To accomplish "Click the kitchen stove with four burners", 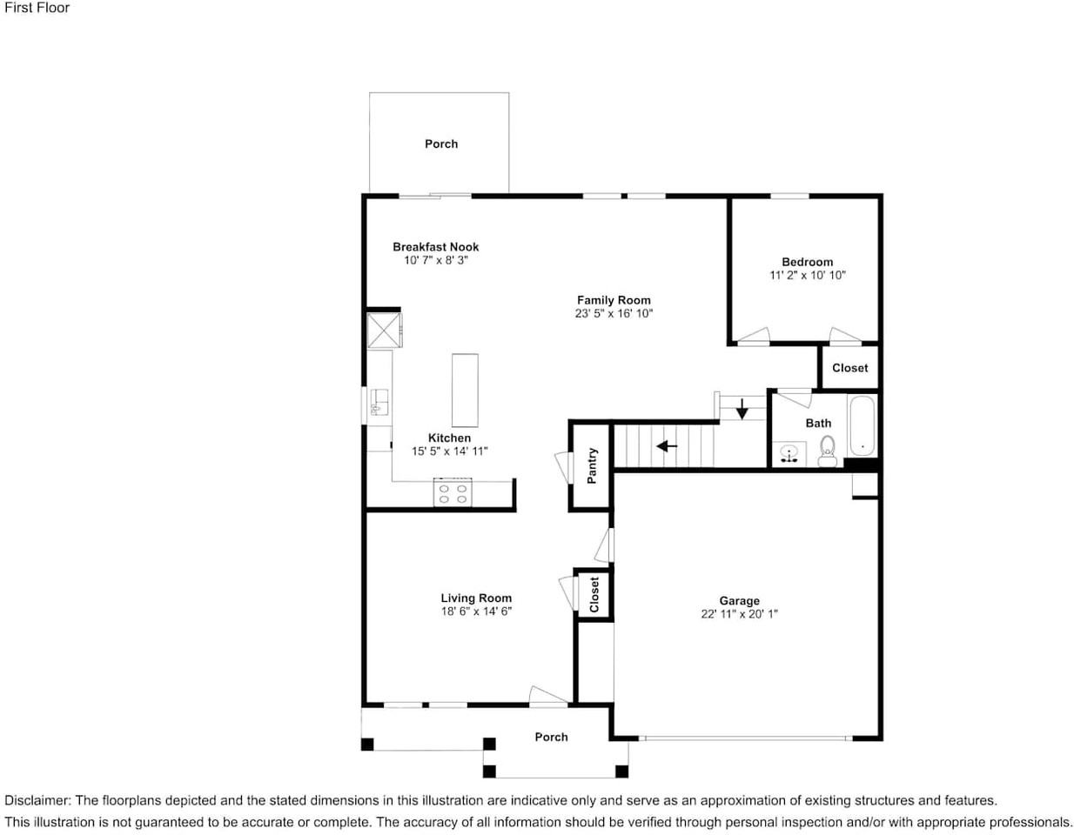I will pyautogui.click(x=453, y=493).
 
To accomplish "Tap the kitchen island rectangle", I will pyautogui.click(x=465, y=390).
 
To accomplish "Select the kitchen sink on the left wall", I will pyautogui.click(x=379, y=403).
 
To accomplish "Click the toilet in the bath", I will pyautogui.click(x=827, y=450).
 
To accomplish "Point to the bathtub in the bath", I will pyautogui.click(x=863, y=426).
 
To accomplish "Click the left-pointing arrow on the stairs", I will pyautogui.click(x=667, y=446).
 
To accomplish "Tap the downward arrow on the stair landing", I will pyautogui.click(x=742, y=408).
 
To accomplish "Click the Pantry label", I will pyautogui.click(x=592, y=466).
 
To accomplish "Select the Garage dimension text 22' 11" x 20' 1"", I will pyautogui.click(x=739, y=614).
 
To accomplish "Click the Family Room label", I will pyautogui.click(x=614, y=300).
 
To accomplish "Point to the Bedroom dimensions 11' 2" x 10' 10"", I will pyautogui.click(x=807, y=275).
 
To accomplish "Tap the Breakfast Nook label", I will pyautogui.click(x=435, y=247).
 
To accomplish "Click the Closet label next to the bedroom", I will pyautogui.click(x=849, y=368).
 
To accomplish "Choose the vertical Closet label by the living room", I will pyautogui.click(x=594, y=595).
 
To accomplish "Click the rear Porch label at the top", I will pyautogui.click(x=441, y=144).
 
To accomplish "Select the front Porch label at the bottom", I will pyautogui.click(x=551, y=737).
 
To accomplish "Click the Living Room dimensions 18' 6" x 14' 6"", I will pyautogui.click(x=476, y=611).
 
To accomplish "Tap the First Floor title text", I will pyautogui.click(x=37, y=8).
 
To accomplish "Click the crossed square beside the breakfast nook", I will pyautogui.click(x=383, y=331).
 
